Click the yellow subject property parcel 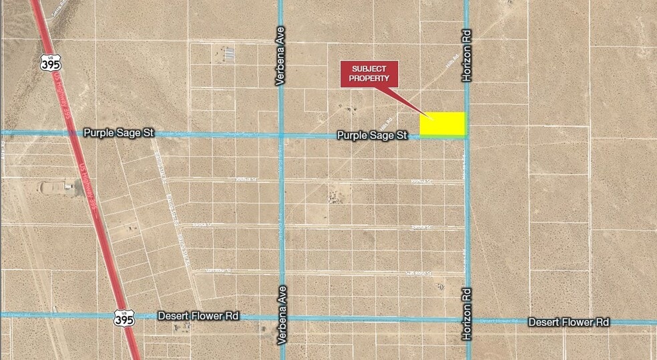442,124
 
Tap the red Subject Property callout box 369,73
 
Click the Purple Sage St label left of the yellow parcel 372,135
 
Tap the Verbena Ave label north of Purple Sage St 280,61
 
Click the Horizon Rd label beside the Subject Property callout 467,55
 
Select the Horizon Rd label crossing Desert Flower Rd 467,314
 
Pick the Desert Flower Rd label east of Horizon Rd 569,322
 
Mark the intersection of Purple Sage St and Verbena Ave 281,135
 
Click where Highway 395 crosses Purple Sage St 72,133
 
